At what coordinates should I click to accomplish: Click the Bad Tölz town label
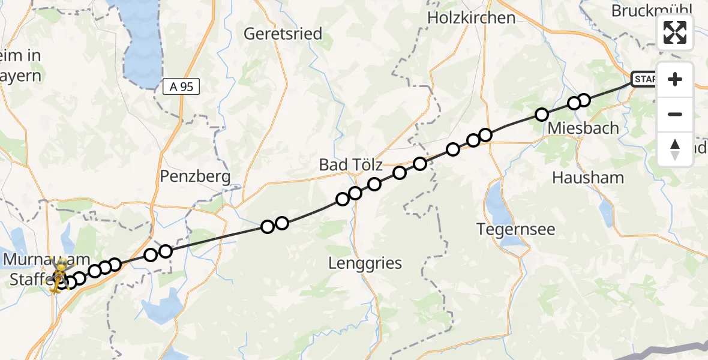pyautogui.click(x=350, y=164)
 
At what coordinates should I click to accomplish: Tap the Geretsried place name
pyautogui.click(x=283, y=34)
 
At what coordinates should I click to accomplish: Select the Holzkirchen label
pyautogui.click(x=471, y=18)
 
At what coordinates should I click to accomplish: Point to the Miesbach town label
pyautogui.click(x=575, y=128)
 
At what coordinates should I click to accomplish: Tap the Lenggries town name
pyautogui.click(x=365, y=263)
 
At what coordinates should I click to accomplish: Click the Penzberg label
pyautogui.click(x=196, y=176)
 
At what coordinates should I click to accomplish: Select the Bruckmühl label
pyautogui.click(x=652, y=11)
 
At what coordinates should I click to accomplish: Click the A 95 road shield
pyautogui.click(x=181, y=87)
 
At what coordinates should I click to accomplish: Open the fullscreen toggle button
pyautogui.click(x=675, y=32)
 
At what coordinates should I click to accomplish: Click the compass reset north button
pyautogui.click(x=675, y=149)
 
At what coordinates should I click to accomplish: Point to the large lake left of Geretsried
pyautogui.click(x=144, y=42)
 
